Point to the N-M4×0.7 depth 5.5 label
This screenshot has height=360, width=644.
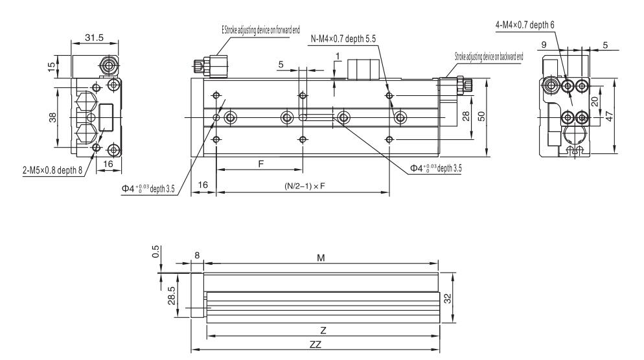pyautogui.click(x=343, y=38)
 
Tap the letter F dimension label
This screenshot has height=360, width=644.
pyautogui.click(x=260, y=164)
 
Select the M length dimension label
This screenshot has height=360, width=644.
pyautogui.click(x=320, y=257)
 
